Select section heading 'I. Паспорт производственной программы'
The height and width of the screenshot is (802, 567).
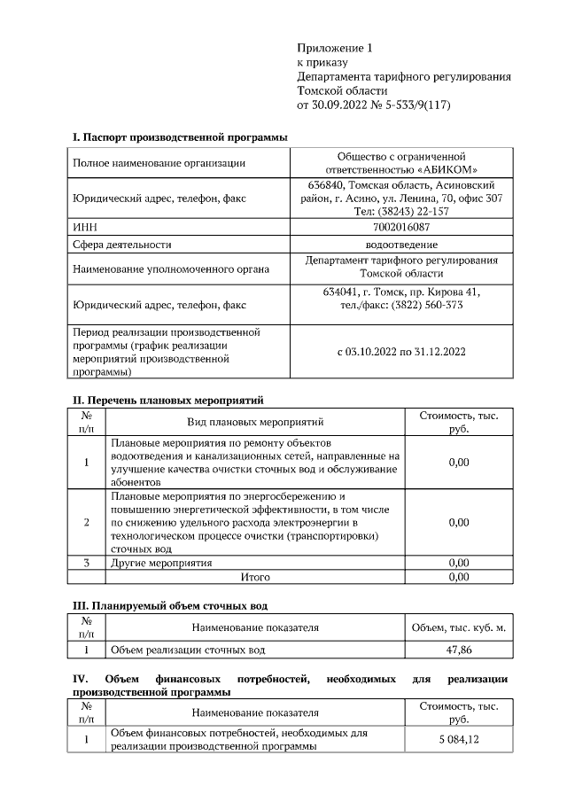coord(179,137)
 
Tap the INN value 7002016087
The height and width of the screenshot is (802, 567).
coord(401,227)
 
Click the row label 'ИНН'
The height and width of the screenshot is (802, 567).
coord(84,227)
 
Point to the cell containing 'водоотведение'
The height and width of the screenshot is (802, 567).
coord(401,244)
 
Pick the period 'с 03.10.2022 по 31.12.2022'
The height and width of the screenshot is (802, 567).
coord(401,352)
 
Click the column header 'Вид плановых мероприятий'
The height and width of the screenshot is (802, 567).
coord(255,422)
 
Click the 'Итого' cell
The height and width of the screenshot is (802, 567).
coord(255,577)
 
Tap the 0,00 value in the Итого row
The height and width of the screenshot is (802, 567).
coord(458,577)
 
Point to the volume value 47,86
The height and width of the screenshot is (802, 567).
coord(458,650)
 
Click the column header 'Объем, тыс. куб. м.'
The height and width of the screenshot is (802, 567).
coord(458,627)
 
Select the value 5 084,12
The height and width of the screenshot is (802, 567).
coord(458,740)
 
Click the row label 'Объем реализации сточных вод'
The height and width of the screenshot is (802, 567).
coord(187,650)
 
